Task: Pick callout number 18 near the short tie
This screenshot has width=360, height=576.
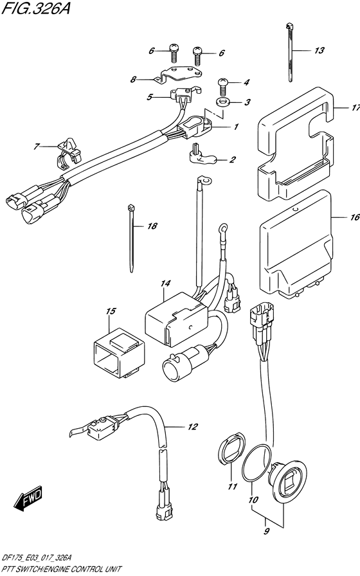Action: [x=152, y=226]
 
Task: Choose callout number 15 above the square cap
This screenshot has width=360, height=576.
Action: [x=111, y=312]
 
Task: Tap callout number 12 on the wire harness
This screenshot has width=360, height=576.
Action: [x=192, y=426]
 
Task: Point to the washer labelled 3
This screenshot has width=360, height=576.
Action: [x=223, y=102]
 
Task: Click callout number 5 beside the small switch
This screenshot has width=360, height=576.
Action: [x=150, y=98]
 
